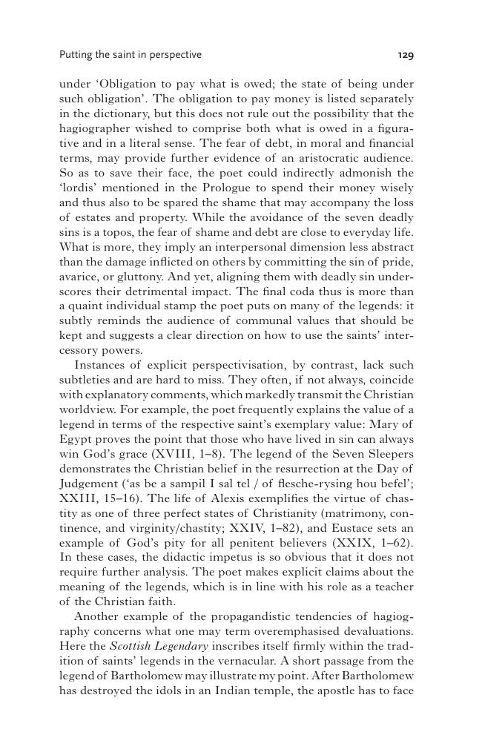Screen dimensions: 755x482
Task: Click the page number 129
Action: (x=405, y=55)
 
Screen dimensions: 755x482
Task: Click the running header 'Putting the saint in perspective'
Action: (x=130, y=55)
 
